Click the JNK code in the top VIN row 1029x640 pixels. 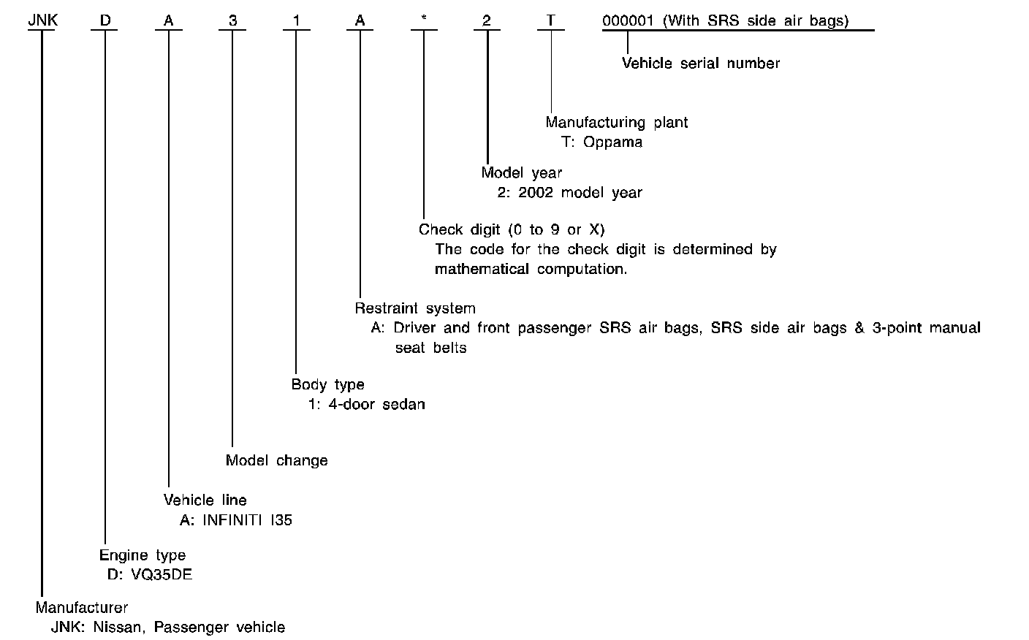(42, 20)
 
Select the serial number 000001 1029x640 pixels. (628, 20)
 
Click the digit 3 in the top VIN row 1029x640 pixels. (232, 20)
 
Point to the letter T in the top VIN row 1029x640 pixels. (551, 20)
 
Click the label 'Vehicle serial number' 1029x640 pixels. (700, 64)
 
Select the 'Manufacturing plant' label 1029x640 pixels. (616, 122)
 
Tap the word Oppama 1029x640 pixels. (612, 142)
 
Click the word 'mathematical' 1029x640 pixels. (482, 269)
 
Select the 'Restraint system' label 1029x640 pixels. (415, 308)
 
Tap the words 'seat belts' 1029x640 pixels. (430, 348)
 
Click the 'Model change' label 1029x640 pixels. (276, 460)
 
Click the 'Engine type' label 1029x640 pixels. (143, 555)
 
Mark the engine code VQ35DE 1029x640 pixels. (162, 574)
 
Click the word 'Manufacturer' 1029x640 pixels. (82, 607)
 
